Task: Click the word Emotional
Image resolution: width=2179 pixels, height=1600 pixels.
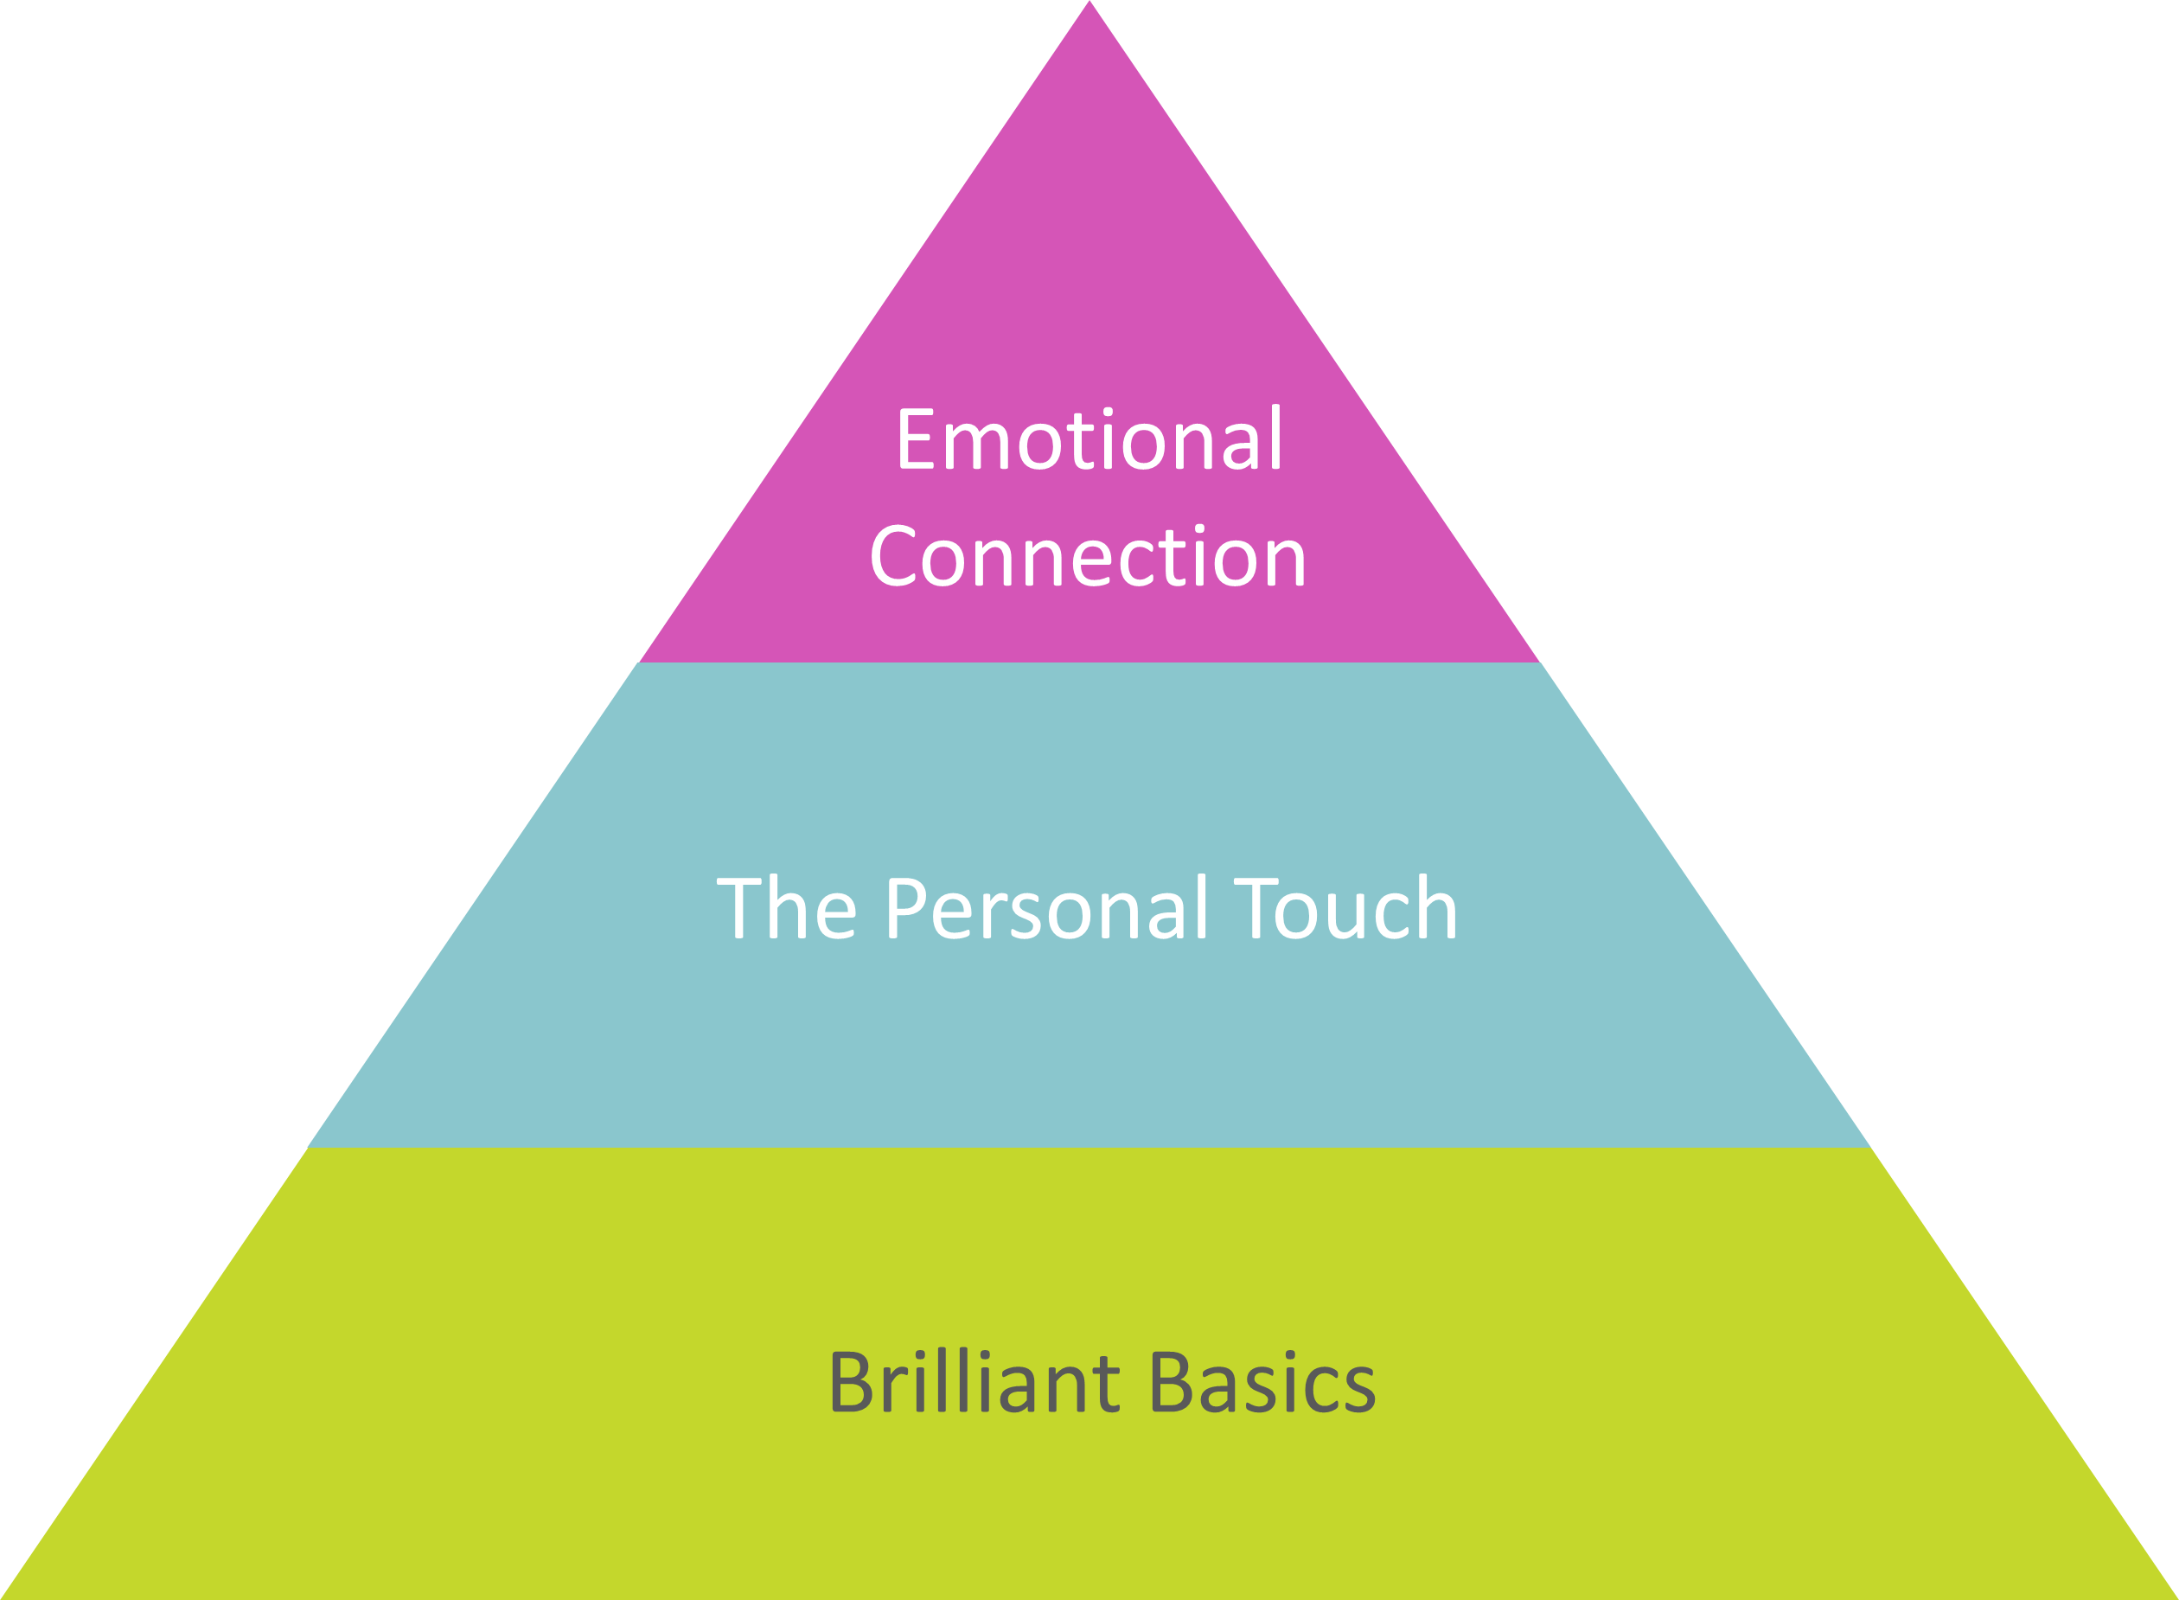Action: [1089, 441]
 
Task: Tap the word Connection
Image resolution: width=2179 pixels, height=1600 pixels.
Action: [1089, 557]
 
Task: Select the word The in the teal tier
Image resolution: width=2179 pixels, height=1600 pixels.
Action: [786, 908]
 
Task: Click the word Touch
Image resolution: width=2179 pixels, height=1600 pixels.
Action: [1346, 908]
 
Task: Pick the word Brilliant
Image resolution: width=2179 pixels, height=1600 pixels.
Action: [974, 1383]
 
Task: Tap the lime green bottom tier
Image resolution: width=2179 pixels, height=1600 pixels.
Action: [1089, 1511]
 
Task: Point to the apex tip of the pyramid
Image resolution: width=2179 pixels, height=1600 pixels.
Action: [1089, 6]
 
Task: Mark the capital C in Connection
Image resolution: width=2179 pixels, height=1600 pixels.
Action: [892, 557]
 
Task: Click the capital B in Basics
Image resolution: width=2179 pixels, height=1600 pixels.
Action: [1173, 1383]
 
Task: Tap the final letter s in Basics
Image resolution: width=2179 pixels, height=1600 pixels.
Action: [1357, 1389]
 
